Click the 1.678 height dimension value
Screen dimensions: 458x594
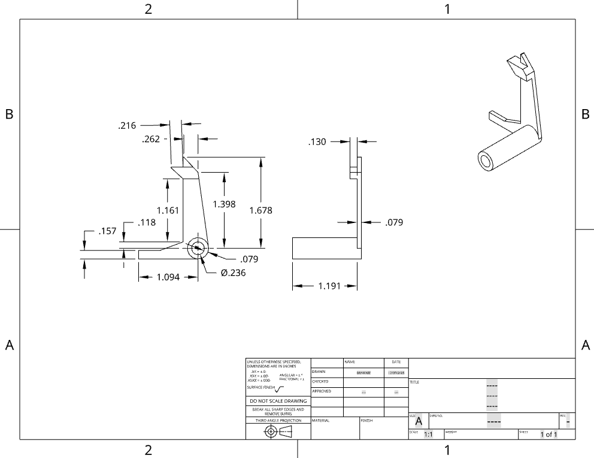(x=260, y=210)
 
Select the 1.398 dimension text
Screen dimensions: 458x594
(x=224, y=204)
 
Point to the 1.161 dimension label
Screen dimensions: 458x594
(x=168, y=210)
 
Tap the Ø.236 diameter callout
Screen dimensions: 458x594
(x=233, y=272)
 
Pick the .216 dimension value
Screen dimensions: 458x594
(x=127, y=126)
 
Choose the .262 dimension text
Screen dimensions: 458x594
(x=151, y=139)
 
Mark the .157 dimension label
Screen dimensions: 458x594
(x=108, y=231)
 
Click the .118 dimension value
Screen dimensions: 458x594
(x=147, y=222)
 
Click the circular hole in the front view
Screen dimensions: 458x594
(x=198, y=248)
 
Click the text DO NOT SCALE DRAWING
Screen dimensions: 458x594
(x=278, y=401)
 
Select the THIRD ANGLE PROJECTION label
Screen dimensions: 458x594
(x=278, y=421)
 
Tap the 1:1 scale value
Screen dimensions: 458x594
(x=428, y=435)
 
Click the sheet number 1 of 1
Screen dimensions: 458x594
(x=548, y=435)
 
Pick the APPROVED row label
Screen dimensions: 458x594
(x=322, y=391)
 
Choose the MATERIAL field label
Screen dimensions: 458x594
(x=321, y=421)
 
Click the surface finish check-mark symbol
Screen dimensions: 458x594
(x=280, y=388)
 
